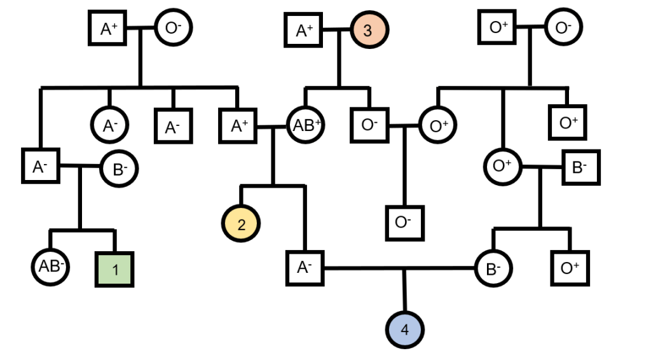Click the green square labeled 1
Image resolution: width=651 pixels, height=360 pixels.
coord(115,268)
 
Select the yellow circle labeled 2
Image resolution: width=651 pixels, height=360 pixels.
coord(240,223)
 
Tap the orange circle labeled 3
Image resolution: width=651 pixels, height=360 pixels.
coord(369,29)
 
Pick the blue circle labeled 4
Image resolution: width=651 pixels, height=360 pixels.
coord(404,330)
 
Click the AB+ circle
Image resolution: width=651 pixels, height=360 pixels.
coord(306,125)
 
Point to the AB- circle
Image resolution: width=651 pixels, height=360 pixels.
coord(50,266)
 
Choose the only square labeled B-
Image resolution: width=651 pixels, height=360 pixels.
coord(580,167)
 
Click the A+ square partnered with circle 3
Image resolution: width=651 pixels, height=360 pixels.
coord(304,30)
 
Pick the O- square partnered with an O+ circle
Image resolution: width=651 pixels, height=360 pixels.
coord(370,125)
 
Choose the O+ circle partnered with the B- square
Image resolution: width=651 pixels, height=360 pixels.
coord(503,166)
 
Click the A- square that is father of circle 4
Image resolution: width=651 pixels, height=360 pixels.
coord(304,268)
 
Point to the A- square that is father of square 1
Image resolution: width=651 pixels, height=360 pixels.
coord(40,166)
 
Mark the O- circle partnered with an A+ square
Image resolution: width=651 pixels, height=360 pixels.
coord(173,29)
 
